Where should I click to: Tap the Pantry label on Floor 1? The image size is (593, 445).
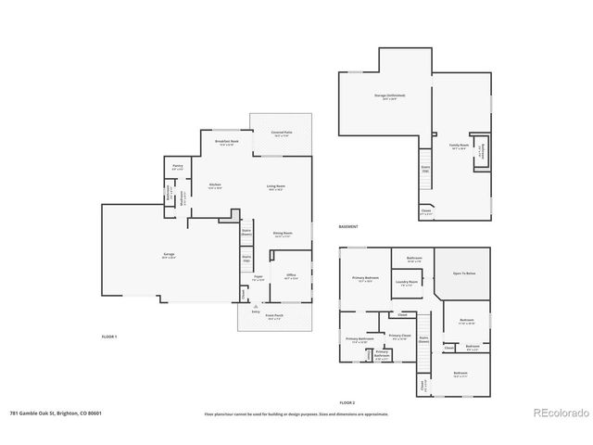178,168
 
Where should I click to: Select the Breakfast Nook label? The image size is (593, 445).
228,143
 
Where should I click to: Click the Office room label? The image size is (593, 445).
290,276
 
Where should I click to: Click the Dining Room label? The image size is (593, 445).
283,234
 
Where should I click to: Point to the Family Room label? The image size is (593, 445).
458,146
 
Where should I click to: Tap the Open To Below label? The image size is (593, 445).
464,274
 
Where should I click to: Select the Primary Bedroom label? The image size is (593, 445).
364,279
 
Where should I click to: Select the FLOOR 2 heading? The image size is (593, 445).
347,403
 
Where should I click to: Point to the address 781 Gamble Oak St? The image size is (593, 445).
55,414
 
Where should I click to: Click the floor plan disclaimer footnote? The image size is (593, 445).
296,414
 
